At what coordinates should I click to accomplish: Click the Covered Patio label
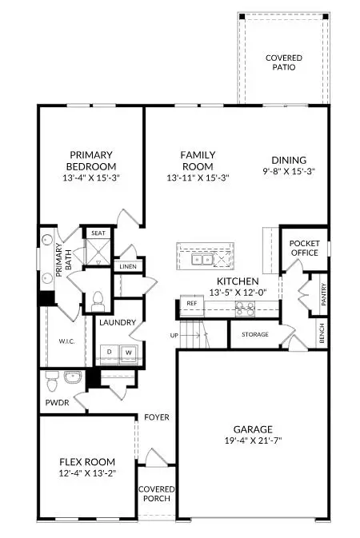point(282,62)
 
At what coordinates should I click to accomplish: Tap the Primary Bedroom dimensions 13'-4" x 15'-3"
point(90,178)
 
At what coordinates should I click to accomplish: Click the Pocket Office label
point(304,248)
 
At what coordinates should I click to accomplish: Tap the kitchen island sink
point(201,258)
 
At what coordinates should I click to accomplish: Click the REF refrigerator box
point(192,304)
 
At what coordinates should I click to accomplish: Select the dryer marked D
point(110,352)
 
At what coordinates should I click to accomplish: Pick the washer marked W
point(126,352)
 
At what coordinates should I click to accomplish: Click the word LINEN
point(127,265)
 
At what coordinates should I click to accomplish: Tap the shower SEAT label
point(98,233)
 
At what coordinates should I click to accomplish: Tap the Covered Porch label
point(157,493)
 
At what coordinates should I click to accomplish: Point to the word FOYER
point(156,417)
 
